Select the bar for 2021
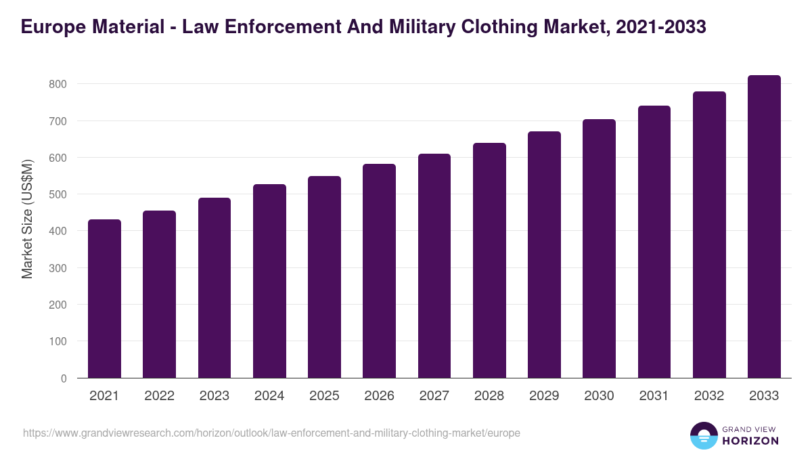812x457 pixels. (x=104, y=299)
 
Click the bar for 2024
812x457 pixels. (x=269, y=281)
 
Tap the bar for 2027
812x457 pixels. (x=434, y=266)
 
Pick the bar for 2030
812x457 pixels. (x=599, y=248)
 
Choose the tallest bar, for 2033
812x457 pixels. (x=764, y=227)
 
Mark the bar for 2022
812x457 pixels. (x=159, y=295)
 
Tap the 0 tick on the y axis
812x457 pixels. (x=64, y=378)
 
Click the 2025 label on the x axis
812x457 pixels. (x=324, y=396)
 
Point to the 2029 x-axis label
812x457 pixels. (x=544, y=396)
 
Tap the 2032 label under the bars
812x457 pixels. (x=709, y=396)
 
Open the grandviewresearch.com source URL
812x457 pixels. (x=271, y=433)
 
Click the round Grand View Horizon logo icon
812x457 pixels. (x=703, y=435)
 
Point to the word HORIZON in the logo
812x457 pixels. (x=750, y=441)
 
